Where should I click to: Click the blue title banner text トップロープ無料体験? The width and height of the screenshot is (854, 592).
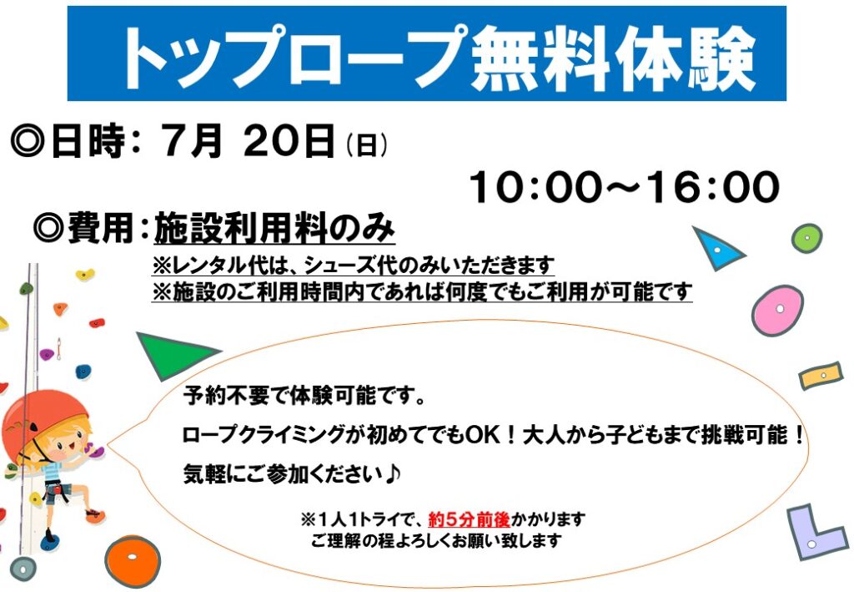tap(439, 57)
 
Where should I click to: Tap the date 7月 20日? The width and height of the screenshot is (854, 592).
tap(247, 140)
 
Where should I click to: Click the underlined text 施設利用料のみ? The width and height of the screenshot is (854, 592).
tap(274, 228)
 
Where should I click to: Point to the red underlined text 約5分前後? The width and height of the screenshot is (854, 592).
tap(469, 519)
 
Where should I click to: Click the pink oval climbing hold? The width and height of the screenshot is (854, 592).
tap(777, 310)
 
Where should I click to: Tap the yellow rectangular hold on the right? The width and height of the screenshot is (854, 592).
tap(821, 376)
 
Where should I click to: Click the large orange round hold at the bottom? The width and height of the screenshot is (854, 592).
tap(133, 561)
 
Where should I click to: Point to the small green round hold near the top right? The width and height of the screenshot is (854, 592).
tap(806, 238)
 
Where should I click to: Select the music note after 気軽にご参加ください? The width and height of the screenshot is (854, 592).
tap(394, 473)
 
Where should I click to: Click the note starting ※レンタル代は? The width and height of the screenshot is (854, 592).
tap(353, 266)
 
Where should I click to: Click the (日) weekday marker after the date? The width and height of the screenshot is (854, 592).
tap(367, 146)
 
